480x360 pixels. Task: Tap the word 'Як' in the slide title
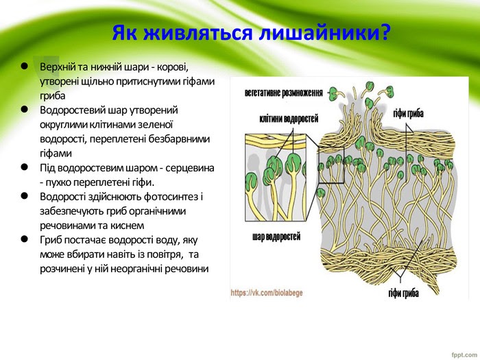pos(125,33)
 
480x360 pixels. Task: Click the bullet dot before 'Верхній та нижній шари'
pos(23,67)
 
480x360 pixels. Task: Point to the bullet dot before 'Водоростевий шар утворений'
pos(23,109)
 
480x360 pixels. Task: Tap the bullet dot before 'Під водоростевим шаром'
pos(23,167)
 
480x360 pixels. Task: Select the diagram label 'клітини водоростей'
pos(289,119)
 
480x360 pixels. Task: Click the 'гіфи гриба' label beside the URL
pos(403,293)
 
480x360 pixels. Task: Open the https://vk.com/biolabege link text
pos(267,292)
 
